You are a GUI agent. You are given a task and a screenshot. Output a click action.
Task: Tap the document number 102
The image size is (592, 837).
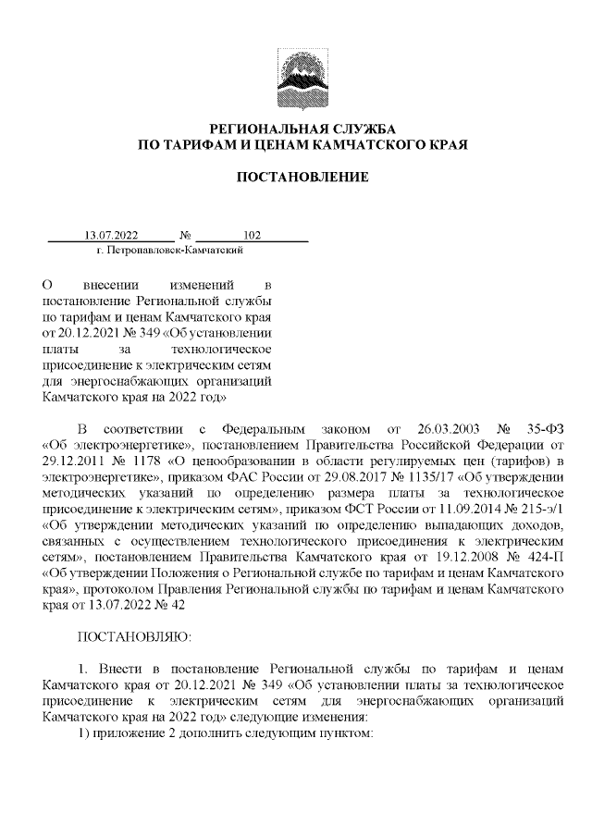point(252,235)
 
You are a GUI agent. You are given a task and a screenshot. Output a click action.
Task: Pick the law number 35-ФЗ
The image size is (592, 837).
point(547,430)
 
